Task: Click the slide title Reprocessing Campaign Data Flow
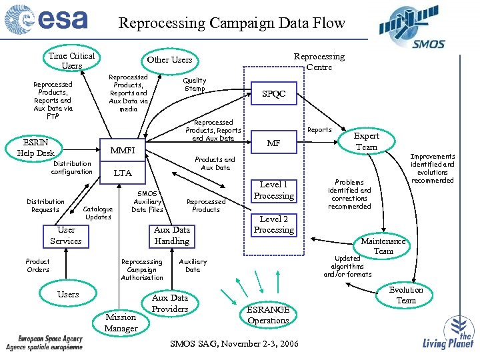click(x=231, y=23)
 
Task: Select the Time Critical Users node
click(x=71, y=61)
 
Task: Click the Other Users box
click(x=169, y=60)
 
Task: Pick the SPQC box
click(x=273, y=94)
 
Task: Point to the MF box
click(x=273, y=143)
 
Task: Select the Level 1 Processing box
click(x=273, y=190)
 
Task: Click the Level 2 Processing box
click(x=273, y=224)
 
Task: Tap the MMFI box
click(x=123, y=151)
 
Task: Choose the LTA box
click(x=123, y=173)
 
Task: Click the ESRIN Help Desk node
click(x=36, y=148)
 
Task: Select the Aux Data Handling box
click(x=172, y=235)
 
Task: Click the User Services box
click(x=66, y=235)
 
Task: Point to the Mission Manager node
click(x=121, y=323)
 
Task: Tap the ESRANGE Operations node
click(x=268, y=315)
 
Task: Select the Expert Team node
click(x=367, y=141)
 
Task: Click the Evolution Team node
click(x=406, y=295)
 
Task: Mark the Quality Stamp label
click(x=195, y=85)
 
